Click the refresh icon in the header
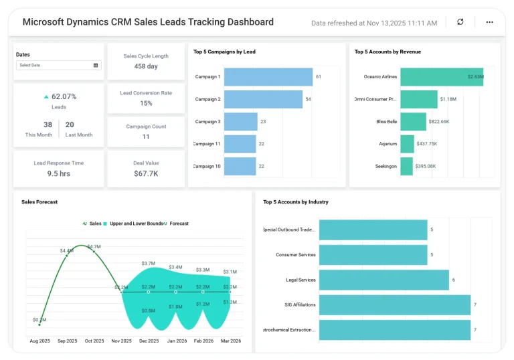(x=460, y=22)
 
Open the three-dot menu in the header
(x=489, y=22)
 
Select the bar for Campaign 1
(x=268, y=77)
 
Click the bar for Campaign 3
(x=240, y=122)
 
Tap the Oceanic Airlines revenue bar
(x=441, y=77)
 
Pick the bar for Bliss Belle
(x=413, y=122)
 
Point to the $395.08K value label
(x=426, y=167)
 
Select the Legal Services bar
(x=383, y=280)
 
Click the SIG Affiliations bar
(x=395, y=304)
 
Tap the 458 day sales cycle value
(x=146, y=66)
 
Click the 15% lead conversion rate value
(x=146, y=103)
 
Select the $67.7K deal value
(x=146, y=173)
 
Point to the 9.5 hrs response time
(x=59, y=173)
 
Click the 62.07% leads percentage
(x=64, y=96)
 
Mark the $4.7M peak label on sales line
(x=94, y=246)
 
